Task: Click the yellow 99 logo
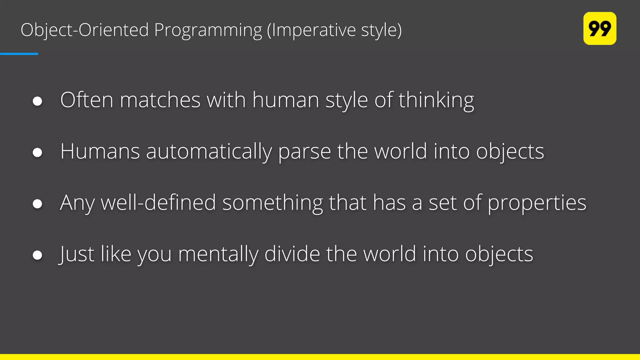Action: (599, 28)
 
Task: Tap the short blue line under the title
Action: (19, 54)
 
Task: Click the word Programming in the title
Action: (208, 30)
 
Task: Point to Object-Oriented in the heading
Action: (84, 30)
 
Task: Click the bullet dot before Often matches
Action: (37, 101)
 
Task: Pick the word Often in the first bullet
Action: (87, 100)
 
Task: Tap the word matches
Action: (160, 100)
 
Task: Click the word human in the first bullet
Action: (286, 100)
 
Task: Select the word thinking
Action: (436, 101)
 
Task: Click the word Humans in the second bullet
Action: (100, 151)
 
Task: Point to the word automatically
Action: (209, 152)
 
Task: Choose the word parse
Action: (304, 152)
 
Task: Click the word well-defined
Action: (158, 202)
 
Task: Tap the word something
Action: (272, 203)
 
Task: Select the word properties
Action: (537, 203)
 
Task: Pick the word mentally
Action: (218, 254)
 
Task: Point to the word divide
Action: (292, 254)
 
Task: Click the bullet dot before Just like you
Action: (37, 255)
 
